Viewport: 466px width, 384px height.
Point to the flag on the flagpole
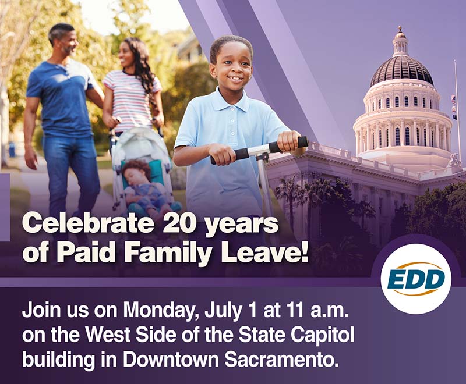pyautogui.click(x=453, y=108)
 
